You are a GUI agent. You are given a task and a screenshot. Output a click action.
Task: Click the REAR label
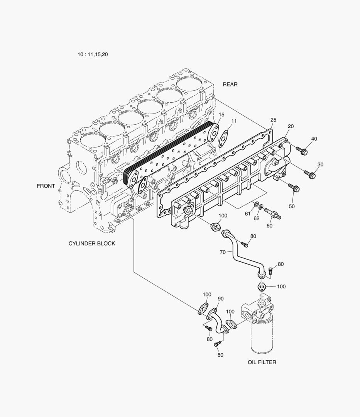230,84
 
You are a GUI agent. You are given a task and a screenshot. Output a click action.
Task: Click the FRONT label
46,186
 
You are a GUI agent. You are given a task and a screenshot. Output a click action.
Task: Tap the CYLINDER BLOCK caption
92,244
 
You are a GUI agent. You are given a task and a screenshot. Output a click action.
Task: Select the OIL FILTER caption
262,362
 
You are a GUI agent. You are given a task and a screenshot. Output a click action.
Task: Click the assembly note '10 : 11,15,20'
93,54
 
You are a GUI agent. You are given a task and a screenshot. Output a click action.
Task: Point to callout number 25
273,120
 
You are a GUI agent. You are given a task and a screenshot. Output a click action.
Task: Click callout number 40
314,139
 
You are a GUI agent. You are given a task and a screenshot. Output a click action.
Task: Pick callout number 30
320,164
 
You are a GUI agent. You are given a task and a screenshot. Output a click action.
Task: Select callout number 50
291,206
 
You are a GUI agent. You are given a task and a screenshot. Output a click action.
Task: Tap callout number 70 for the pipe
222,252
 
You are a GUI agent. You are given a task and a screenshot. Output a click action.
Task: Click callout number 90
221,299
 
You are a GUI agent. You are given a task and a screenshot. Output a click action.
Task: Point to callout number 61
247,213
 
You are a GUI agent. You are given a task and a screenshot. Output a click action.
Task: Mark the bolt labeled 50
294,188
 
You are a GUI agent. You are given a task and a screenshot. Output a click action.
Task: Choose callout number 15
221,115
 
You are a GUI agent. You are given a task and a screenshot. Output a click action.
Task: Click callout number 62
256,218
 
